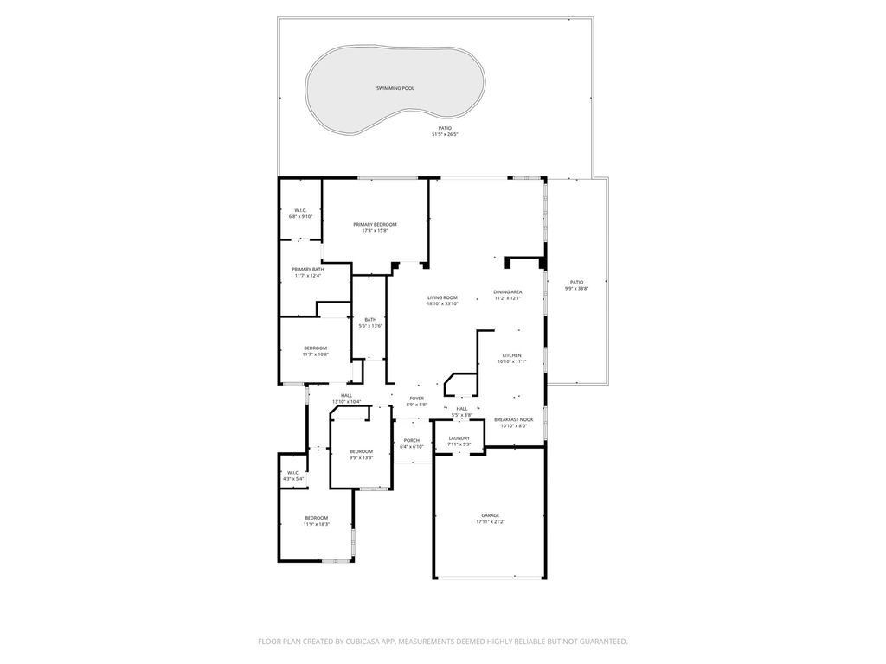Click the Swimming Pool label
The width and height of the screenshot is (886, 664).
[395, 88]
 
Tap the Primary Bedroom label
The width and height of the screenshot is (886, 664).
[375, 224]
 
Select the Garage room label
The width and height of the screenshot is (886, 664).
[490, 515]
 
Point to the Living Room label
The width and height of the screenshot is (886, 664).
[442, 297]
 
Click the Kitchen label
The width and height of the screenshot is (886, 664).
[512, 355]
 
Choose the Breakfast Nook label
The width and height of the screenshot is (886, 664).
[514, 419]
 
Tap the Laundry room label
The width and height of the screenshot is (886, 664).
[459, 438]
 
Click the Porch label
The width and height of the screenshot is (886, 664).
[412, 440]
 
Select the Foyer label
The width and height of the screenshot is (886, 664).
[416, 399]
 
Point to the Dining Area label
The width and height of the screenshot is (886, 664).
[508, 292]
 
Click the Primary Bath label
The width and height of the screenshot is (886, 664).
[307, 269]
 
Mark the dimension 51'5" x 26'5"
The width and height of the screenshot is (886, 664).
[445, 134]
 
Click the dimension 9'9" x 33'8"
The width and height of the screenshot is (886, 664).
[576, 288]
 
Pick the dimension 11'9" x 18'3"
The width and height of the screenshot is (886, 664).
[316, 524]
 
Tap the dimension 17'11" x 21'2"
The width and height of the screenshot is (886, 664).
[490, 521]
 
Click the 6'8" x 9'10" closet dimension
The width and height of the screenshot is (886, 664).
[300, 216]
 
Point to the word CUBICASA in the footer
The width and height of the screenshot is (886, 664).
[359, 642]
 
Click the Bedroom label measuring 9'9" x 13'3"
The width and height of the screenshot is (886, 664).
[361, 451]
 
